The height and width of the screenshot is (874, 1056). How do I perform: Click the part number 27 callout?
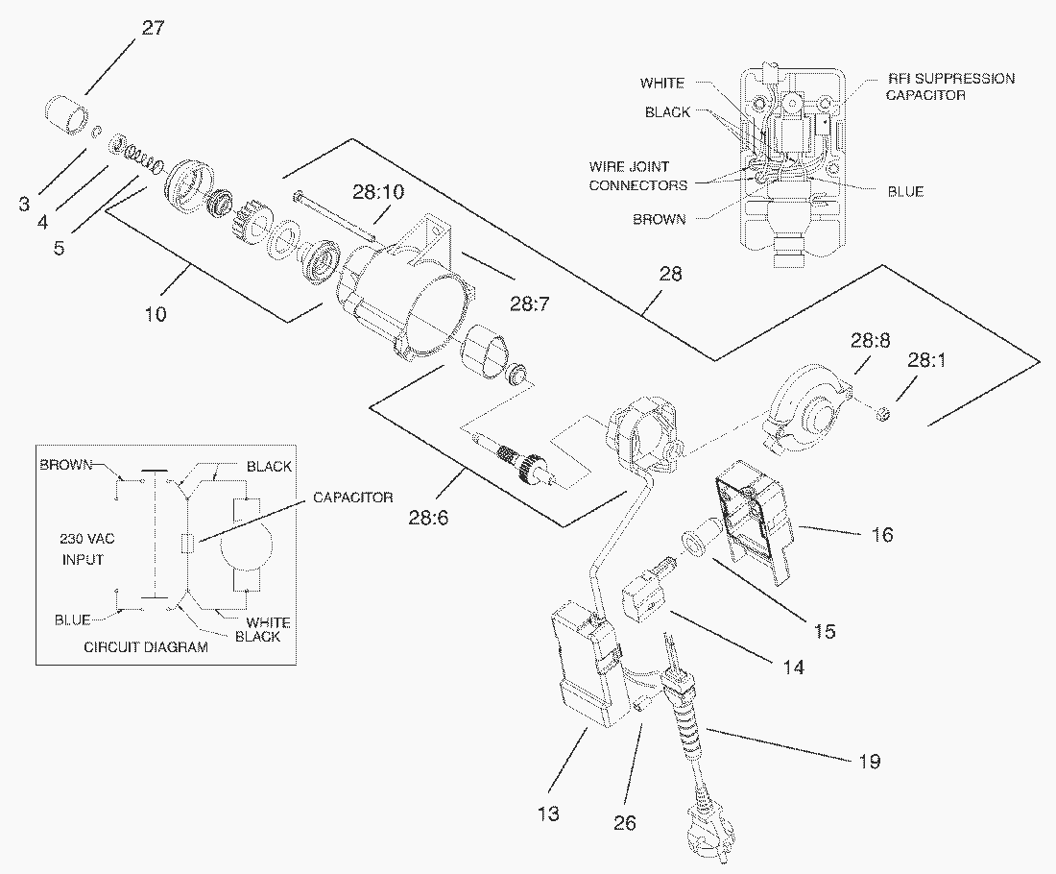point(153,27)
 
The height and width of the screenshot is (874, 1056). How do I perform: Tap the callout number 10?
point(156,313)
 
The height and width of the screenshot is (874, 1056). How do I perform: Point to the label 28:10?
point(378,193)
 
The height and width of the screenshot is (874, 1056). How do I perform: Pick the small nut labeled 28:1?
point(884,414)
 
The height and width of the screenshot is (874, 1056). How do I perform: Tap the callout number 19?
point(870,762)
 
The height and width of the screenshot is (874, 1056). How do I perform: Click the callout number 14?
point(792,665)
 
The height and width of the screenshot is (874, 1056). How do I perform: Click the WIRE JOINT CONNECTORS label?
point(637,176)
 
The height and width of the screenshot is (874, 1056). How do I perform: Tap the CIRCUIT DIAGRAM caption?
point(145,647)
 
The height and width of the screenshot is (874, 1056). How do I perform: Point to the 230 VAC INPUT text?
point(79,550)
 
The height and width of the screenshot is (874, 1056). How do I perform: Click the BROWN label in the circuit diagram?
point(65,465)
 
